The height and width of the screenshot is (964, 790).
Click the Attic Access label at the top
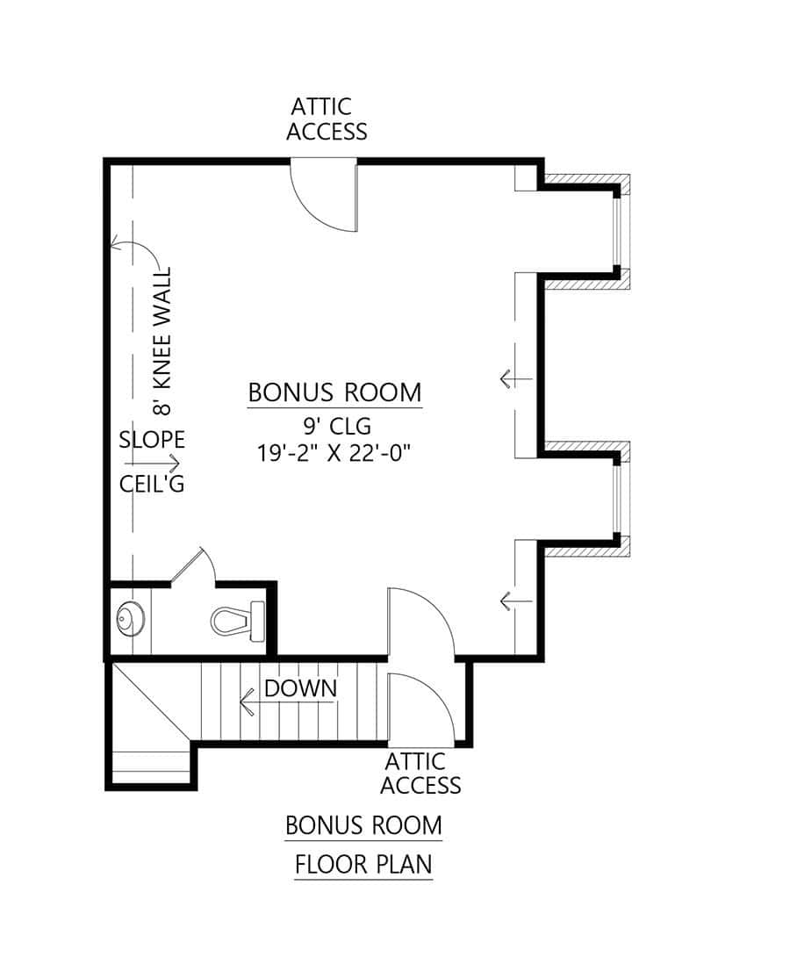click(x=327, y=119)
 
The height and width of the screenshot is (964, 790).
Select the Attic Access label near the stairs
click(x=420, y=773)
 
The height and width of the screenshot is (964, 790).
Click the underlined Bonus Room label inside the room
click(x=334, y=392)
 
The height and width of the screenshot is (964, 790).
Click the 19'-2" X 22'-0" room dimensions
click(x=334, y=454)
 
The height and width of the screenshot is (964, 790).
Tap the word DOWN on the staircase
click(x=300, y=688)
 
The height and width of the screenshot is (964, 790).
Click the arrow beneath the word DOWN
click(x=255, y=702)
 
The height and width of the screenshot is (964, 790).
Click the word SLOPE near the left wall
click(x=152, y=440)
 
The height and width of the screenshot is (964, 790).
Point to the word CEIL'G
click(x=152, y=484)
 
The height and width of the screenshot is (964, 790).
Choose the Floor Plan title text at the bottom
click(x=363, y=865)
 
